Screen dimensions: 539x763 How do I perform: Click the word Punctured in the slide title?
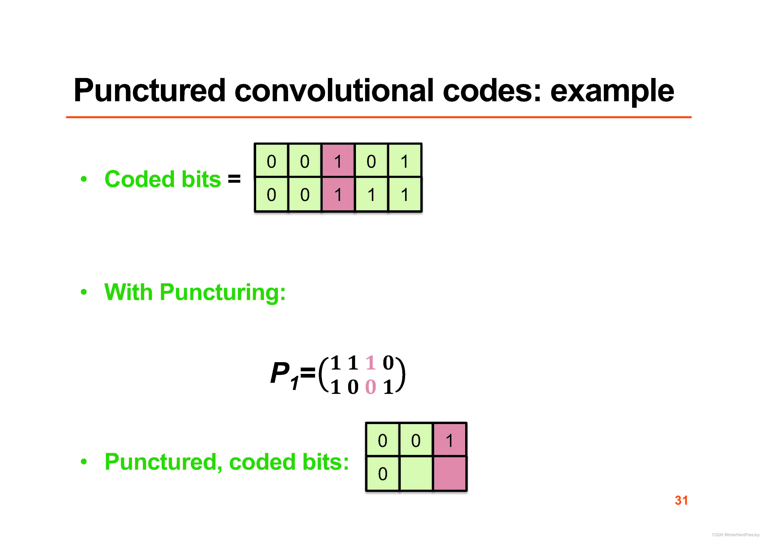pos(150,90)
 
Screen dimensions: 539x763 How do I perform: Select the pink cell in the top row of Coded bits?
pos(338,161)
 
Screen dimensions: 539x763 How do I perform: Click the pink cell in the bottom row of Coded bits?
pos(338,194)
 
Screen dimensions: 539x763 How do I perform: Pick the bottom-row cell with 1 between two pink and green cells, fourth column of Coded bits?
pos(371,194)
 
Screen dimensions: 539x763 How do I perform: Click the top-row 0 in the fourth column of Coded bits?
pos(371,161)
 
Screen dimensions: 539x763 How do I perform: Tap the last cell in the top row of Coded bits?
pos(404,161)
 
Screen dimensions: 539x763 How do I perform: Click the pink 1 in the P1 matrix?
pos(371,363)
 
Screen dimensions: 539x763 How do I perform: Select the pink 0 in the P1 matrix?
pos(371,387)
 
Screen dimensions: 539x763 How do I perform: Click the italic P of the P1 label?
pos(279,373)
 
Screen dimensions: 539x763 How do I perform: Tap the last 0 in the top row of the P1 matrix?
pos(388,363)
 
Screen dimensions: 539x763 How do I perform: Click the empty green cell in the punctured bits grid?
pos(416,473)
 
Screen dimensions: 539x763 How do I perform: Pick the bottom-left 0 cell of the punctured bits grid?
pos(382,473)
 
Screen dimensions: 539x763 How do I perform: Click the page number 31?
pos(681,500)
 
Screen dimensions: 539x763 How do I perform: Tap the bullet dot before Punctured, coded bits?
pos(84,462)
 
